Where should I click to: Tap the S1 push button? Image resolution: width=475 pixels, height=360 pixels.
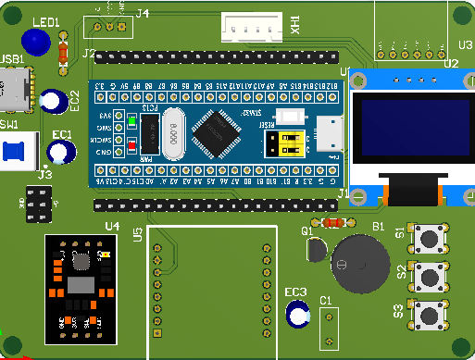pos(431,238)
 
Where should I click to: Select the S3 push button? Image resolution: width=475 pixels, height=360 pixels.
pos(431,313)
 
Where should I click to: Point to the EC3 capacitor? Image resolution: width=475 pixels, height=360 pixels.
pos(298,316)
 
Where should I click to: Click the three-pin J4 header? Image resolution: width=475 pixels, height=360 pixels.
pos(108,27)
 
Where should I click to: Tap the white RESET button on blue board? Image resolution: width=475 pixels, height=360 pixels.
pos(292,118)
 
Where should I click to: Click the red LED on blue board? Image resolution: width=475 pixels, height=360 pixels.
pos(132,144)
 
